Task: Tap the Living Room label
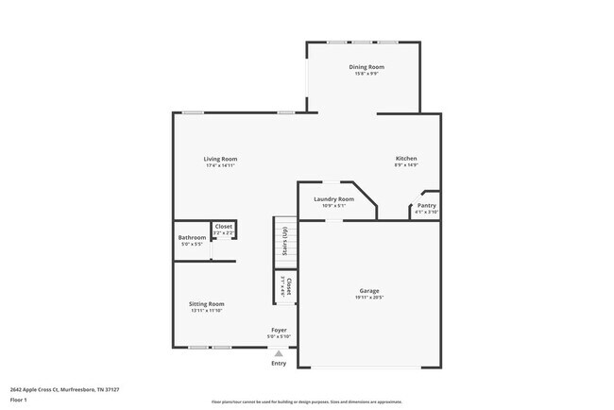(x=220, y=159)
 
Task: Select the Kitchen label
(x=406, y=159)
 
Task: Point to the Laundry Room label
(x=333, y=199)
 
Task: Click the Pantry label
(x=427, y=205)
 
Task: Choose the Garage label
(x=369, y=292)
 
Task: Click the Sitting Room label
(x=207, y=304)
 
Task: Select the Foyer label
(x=279, y=331)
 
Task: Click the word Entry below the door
(x=279, y=364)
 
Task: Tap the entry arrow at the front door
(x=279, y=353)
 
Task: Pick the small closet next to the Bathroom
(x=224, y=230)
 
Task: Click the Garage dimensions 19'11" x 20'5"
(x=369, y=299)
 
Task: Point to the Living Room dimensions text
(x=220, y=165)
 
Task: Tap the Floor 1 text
(x=19, y=400)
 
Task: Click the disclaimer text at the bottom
(x=307, y=401)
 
